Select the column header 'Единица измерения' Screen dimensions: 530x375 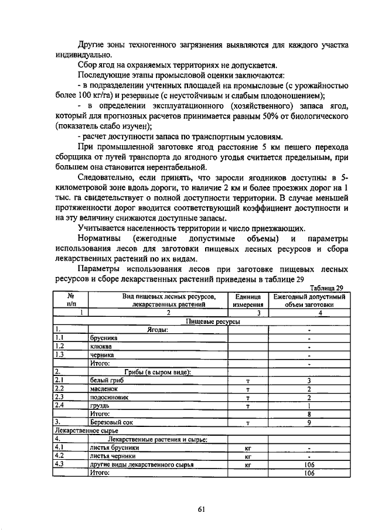pyautogui.click(x=248, y=300)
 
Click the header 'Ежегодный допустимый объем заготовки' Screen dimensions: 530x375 pyautogui.click(x=309, y=300)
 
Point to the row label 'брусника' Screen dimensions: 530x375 pyautogui.click(x=104, y=338)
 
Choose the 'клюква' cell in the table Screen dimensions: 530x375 pyautogui.click(x=101, y=346)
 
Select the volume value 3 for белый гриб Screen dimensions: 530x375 pyautogui.click(x=309, y=381)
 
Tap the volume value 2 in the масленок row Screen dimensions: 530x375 pyautogui.click(x=309, y=389)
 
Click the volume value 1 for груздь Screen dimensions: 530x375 pyautogui.click(x=309, y=405)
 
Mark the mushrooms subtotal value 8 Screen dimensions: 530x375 pyautogui.click(x=309, y=413)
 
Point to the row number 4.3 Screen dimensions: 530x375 pyautogui.click(x=59, y=464)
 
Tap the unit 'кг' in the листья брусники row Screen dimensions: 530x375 pyautogui.click(x=248, y=447)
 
